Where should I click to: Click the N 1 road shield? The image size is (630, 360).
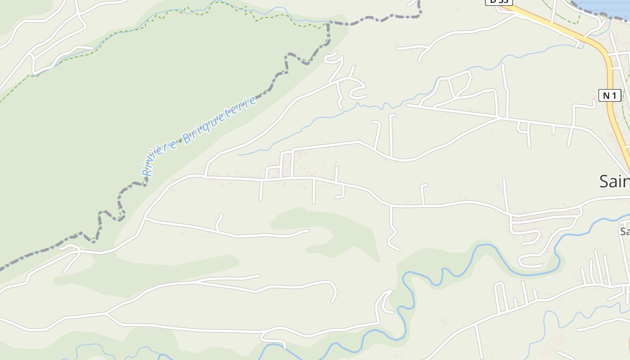point(610,95)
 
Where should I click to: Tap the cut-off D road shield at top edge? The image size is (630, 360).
point(499,1)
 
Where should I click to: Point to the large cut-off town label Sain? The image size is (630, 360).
point(614,181)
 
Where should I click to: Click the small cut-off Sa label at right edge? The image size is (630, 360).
point(625,231)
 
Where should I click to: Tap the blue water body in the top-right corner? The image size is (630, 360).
point(605,7)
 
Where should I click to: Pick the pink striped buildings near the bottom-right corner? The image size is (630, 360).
point(551,344)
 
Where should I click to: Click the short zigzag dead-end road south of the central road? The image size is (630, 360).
point(392,234)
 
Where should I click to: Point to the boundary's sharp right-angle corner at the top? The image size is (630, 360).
point(328,22)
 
